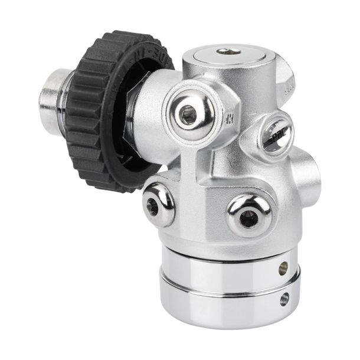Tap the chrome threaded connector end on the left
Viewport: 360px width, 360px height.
coord(52,94)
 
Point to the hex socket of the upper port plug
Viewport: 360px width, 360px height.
coord(188,115)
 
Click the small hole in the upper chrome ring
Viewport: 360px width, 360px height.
coord(283,267)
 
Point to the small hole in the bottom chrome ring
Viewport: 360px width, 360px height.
coord(284,299)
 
